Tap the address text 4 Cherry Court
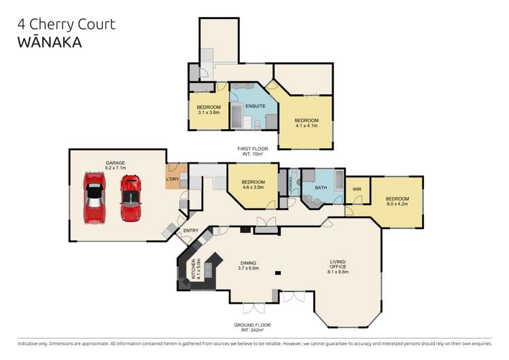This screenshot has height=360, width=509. tap(67, 24)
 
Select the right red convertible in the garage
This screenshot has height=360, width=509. tap(130, 198)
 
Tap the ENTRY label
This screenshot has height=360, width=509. tap(191, 231)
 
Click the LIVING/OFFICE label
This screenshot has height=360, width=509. tap(338, 266)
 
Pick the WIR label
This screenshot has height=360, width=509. tap(356, 190)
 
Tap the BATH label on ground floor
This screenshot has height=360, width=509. tap(321, 187)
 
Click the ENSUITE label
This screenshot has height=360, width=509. tap(255, 107)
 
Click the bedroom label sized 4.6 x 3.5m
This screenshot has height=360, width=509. tap(253, 185)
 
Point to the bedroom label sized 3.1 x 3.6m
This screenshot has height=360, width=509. tap(209, 110)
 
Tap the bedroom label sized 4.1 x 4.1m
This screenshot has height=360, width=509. tap(306, 123)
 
